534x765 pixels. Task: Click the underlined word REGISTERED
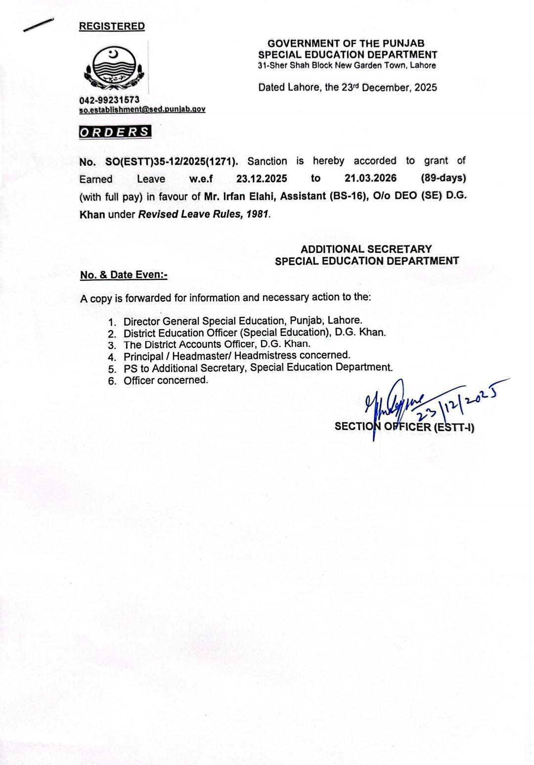[x=112, y=26]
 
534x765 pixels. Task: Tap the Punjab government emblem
[x=113, y=69]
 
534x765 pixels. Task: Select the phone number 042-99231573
[x=109, y=100]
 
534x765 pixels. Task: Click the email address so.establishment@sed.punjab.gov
[x=142, y=109]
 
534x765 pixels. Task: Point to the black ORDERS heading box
[x=115, y=132]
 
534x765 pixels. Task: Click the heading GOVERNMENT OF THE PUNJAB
[x=346, y=44]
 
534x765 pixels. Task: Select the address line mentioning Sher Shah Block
[x=347, y=65]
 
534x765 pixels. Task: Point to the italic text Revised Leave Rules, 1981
[x=204, y=215]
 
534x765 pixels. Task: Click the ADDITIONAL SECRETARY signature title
[x=366, y=249]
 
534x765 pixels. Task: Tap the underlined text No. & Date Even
[x=124, y=275]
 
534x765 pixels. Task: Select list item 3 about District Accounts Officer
[x=217, y=344]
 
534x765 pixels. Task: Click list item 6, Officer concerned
[x=166, y=380]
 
